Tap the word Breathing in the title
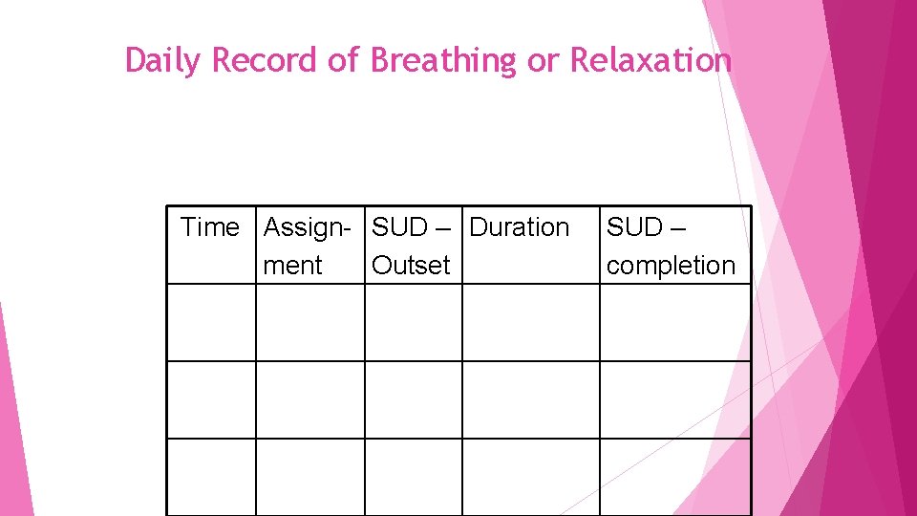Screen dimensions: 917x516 point(443,61)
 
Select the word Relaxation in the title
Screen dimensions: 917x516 point(650,61)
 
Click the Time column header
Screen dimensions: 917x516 point(210,227)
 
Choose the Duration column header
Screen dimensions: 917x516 point(520,227)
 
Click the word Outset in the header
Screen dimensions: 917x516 point(410,266)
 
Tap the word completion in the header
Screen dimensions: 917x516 point(671,266)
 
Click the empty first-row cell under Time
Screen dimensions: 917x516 point(211,323)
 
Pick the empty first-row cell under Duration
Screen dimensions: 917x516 point(530,323)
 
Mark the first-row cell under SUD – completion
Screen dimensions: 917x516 point(674,323)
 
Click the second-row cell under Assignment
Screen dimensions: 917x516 point(310,399)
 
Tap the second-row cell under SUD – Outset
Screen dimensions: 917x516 point(414,399)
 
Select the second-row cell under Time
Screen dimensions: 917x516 point(211,399)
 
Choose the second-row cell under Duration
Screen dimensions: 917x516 point(530,399)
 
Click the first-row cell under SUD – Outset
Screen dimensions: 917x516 point(414,323)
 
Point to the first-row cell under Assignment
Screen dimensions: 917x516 point(310,323)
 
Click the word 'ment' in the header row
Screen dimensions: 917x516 point(291,266)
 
